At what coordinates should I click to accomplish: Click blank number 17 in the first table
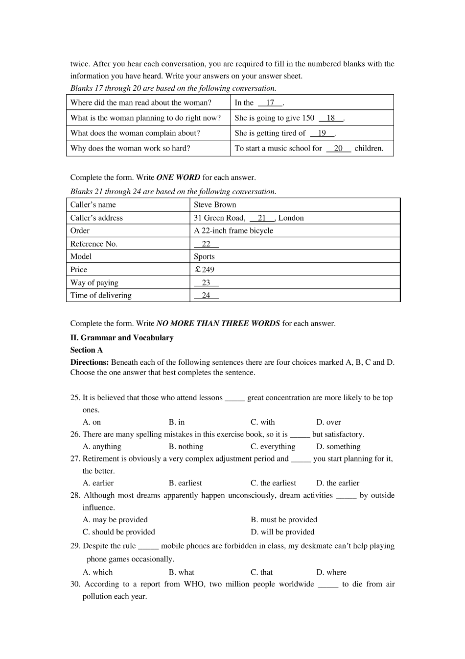pos(270,103)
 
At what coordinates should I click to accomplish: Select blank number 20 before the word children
pos(338,149)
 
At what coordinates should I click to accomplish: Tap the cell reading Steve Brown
pos(215,205)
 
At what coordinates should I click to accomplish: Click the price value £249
pos(205,270)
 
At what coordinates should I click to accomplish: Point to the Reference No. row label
pos(94,244)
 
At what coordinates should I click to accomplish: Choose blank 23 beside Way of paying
pos(206,283)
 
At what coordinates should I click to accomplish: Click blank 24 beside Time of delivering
pos(206,296)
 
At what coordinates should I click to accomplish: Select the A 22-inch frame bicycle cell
pos(233,231)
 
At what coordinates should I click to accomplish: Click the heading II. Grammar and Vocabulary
pos(122,338)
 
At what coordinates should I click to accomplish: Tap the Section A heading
pos(87,350)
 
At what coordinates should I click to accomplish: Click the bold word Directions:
pos(90,362)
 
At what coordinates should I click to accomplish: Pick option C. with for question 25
pos(263,422)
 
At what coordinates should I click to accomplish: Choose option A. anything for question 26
pos(102,447)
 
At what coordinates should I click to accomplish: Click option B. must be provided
pos(284,520)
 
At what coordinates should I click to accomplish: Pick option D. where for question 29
pos(331,572)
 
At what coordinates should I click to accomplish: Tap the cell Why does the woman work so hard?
pos(130,149)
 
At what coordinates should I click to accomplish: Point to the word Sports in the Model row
pos(204,257)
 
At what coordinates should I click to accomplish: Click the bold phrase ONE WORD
pos(178,177)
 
